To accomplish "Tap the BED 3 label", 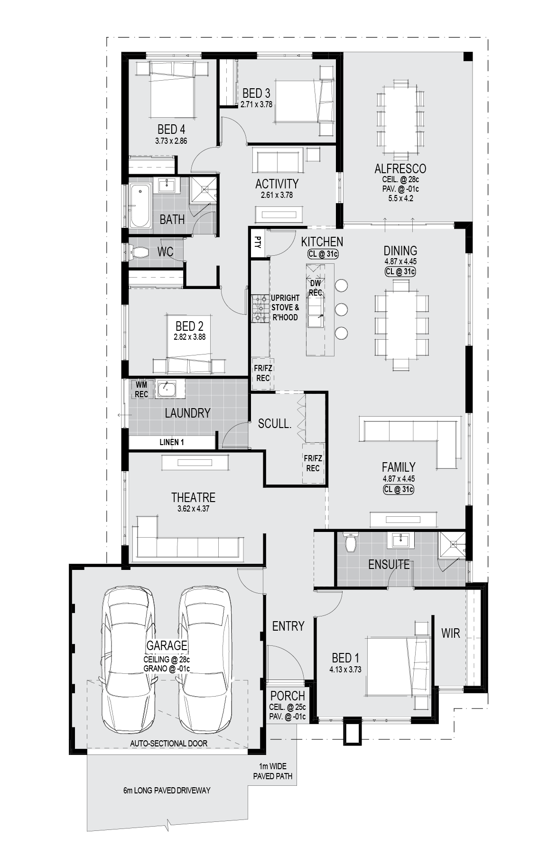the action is tap(256, 93).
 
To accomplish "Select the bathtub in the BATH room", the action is tap(139, 206).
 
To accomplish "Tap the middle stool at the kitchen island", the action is tap(341, 309).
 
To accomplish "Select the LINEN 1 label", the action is tap(172, 442).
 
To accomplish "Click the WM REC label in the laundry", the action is tap(141, 390).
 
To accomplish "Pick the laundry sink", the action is tap(167, 389).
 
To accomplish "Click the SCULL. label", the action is tap(274, 424).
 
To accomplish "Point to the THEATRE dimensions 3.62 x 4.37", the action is tap(193, 509).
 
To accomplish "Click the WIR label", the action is tap(450, 633).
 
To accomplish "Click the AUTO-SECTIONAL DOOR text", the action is tap(169, 744).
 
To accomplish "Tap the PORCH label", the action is tap(288, 696).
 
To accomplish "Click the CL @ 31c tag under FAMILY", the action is tap(399, 489).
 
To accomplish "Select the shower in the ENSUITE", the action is tap(452, 546).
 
